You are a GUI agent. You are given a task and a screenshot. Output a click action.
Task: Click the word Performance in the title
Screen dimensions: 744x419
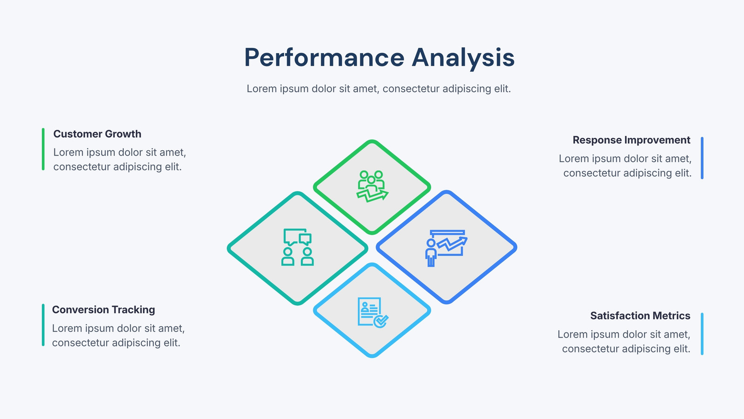(324, 58)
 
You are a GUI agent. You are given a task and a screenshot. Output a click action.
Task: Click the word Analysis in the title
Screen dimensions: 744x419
(463, 58)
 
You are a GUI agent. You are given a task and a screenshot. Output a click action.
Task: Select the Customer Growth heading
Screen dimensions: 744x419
(97, 134)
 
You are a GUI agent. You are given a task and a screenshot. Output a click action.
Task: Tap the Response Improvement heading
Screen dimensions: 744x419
(631, 140)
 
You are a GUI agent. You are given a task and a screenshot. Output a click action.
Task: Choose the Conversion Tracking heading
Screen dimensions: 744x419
(103, 310)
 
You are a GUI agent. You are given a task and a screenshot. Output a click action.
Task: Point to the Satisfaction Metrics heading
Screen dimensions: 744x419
(640, 316)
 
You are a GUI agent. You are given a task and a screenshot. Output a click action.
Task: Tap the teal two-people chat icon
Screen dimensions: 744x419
(298, 247)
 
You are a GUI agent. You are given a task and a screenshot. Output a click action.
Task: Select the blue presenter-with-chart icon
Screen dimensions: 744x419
(446, 248)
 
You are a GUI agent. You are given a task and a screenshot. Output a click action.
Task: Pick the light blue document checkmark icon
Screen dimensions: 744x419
(373, 312)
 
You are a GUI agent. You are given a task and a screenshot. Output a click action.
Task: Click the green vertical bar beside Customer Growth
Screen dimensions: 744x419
(43, 149)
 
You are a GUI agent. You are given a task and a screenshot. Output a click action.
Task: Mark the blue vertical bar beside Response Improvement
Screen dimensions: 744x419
(702, 158)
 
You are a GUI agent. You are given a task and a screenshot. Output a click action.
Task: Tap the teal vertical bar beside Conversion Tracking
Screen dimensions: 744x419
(43, 325)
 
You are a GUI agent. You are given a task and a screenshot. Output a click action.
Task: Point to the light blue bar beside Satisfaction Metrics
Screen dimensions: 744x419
(702, 334)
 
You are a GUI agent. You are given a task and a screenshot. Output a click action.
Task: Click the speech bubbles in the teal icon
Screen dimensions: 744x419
(298, 237)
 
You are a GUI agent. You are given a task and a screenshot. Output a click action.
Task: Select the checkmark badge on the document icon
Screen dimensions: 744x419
(381, 321)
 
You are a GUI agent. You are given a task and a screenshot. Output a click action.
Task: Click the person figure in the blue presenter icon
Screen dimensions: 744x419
(431, 253)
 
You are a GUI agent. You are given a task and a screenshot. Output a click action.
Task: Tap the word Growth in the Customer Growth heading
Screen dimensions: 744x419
(123, 134)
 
